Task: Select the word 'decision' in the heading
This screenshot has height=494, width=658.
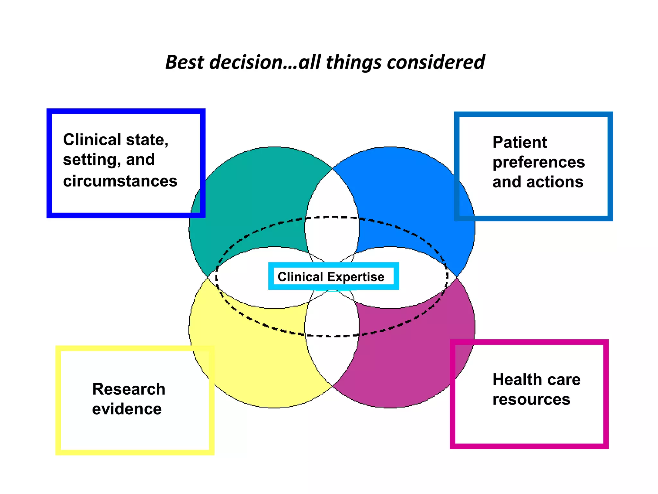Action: pos(246,62)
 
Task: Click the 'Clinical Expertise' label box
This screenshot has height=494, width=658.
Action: pos(333,276)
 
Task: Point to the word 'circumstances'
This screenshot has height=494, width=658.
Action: pos(120,181)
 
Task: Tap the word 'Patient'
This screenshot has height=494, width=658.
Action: pos(520,142)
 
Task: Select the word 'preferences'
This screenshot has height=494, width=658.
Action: pos(538,162)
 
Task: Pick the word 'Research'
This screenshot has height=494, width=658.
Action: pos(129,389)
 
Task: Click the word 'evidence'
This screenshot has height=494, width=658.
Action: pos(127,409)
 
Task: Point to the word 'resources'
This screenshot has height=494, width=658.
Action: pos(531,399)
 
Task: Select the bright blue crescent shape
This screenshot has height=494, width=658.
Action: pos(408,199)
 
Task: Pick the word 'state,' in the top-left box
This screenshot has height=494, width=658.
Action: pos(147,140)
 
